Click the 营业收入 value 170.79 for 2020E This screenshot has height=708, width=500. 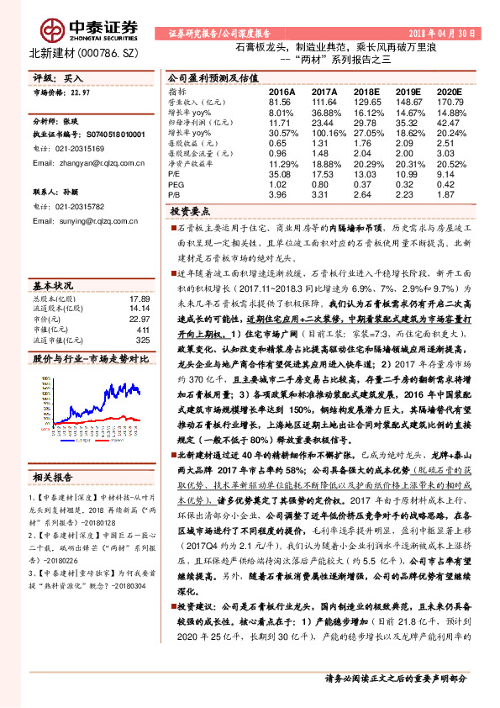(450, 100)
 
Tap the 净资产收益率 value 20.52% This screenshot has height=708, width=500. (450, 163)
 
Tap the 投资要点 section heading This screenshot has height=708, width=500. (190, 211)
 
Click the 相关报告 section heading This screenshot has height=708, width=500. (55, 478)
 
